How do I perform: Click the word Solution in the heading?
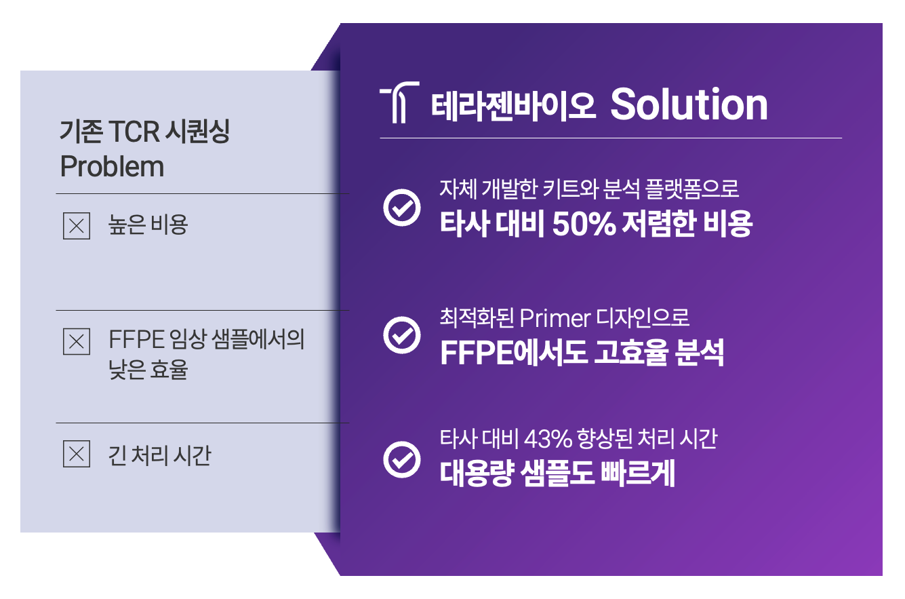[689, 104]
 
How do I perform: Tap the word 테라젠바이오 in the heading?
[513, 106]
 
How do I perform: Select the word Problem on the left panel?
[112, 166]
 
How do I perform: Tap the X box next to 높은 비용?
[77, 226]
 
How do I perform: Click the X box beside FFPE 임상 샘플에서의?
[77, 341]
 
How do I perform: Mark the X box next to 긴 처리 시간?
[77, 454]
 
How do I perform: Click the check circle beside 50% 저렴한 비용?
[402, 208]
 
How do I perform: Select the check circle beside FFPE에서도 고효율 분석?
[402, 335]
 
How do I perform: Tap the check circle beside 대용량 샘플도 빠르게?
[402, 460]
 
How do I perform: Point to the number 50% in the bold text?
[584, 223]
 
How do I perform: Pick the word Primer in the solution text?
[555, 319]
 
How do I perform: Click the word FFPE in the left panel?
[136, 339]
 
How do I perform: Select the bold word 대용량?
[477, 473]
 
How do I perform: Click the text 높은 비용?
[148, 225]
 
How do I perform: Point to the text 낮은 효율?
[148, 370]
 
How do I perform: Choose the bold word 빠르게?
[637, 473]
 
